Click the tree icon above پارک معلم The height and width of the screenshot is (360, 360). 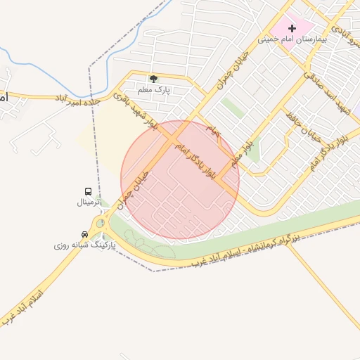153,79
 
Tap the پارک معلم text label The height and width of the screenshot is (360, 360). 154,91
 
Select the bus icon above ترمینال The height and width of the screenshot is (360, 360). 89,191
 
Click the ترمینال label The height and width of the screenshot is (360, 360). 89,202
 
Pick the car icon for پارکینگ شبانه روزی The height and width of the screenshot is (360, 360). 85,235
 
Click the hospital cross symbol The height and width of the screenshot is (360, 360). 291,28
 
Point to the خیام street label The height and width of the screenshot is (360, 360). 213,131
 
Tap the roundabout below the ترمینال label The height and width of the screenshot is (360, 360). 100,224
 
